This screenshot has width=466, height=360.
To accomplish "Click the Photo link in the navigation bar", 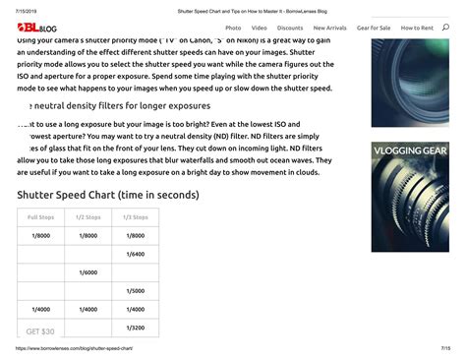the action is point(233,28).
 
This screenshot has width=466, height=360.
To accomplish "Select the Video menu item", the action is point(259,28).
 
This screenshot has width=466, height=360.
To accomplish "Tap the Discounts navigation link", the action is point(290,28).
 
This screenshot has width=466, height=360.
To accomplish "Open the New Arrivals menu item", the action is point(330,28).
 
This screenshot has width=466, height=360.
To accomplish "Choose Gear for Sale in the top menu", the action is point(374,28).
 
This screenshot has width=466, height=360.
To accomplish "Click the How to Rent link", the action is point(417,28).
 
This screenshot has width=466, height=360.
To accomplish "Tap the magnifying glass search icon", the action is point(445,28).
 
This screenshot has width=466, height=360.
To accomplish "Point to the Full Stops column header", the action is point(41,216).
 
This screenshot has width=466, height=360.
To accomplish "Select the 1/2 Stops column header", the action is point(88,216).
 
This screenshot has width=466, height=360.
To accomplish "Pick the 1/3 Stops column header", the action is point(136,216).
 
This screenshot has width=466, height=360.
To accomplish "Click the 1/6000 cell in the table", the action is point(88,272).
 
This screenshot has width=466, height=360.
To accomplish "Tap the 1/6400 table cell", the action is point(136,254).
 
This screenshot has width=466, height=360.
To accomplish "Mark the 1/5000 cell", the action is point(136,291).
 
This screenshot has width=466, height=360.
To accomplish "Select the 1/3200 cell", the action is point(136,328).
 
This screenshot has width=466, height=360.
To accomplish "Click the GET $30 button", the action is point(40,331).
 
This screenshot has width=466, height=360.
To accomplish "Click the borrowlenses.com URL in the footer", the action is point(74,348).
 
